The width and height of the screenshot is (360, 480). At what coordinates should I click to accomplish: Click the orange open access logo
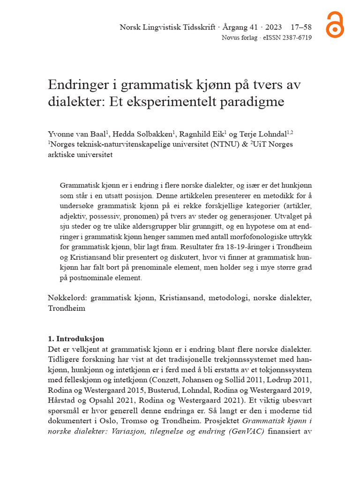point(335,25)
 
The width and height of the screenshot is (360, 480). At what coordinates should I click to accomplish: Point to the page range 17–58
point(301,28)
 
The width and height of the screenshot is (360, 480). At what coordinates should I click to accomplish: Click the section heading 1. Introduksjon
point(76,339)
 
